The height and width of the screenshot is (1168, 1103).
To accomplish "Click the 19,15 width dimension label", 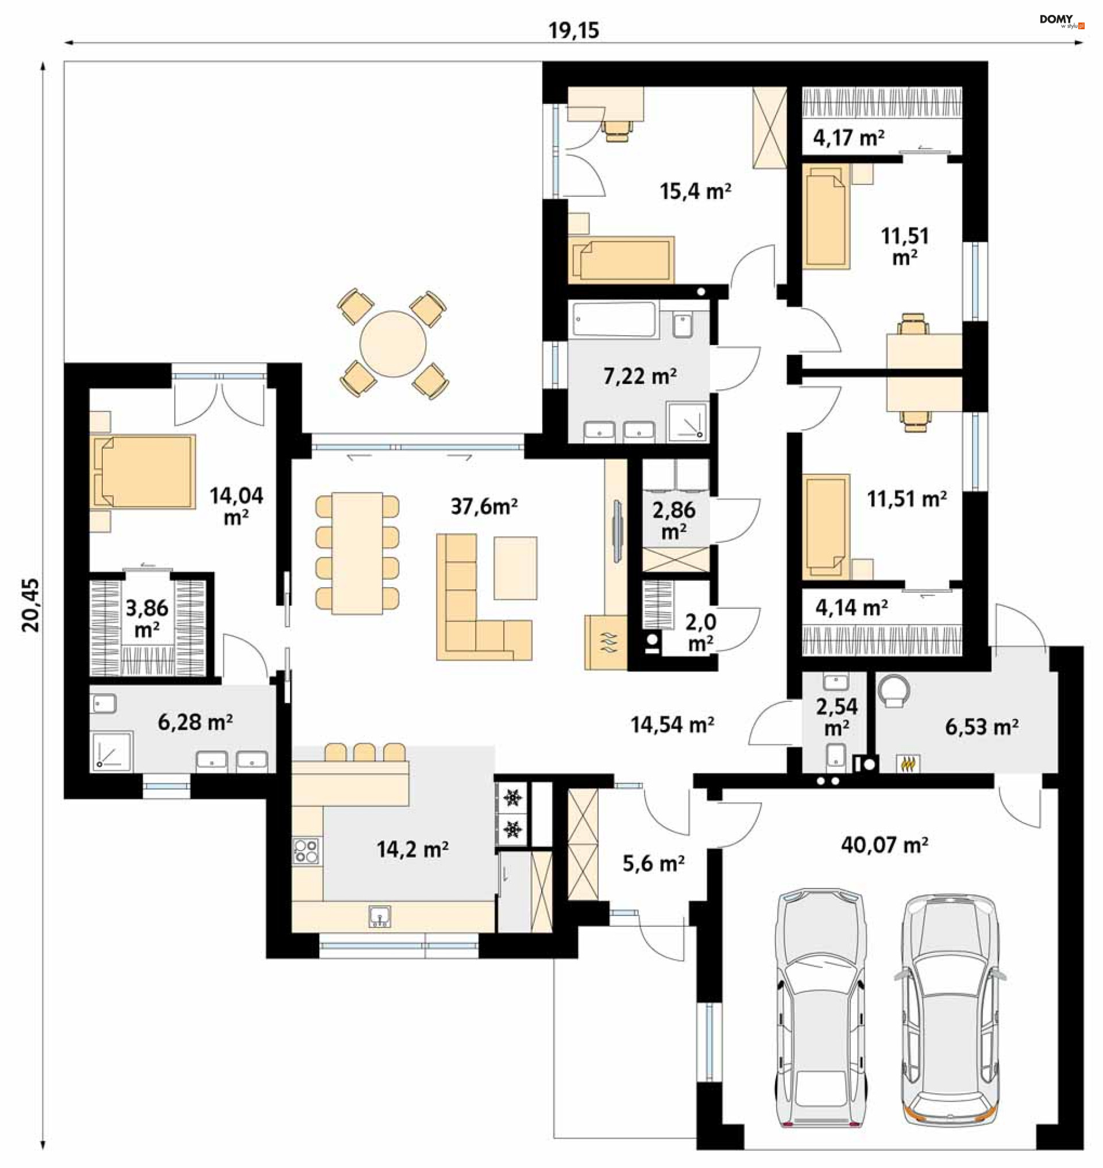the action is (574, 30).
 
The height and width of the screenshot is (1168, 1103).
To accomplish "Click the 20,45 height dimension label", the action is (30, 604).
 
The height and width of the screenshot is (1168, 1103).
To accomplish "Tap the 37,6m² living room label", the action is (484, 506).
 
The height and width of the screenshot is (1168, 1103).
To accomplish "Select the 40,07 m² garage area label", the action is (884, 845).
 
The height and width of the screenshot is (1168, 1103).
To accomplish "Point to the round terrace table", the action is (393, 344).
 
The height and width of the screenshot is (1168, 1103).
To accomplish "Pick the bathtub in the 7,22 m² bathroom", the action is (613, 320).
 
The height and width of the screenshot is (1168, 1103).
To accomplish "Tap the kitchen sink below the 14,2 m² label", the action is (380, 916).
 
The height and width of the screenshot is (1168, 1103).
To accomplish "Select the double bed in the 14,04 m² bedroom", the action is (143, 471).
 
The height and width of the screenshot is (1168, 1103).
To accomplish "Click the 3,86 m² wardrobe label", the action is (147, 618).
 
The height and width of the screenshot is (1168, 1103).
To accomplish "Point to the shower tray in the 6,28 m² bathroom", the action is (111, 751).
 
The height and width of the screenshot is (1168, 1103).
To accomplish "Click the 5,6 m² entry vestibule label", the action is (653, 863).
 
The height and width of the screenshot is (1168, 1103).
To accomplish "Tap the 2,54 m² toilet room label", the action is (836, 717).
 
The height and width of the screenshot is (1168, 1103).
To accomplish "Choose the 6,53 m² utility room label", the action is (982, 727).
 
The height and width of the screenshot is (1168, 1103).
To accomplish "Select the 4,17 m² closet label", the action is (849, 138).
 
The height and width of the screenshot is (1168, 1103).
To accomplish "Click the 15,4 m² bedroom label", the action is (696, 191).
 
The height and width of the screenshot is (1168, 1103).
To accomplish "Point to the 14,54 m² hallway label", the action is (673, 725).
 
